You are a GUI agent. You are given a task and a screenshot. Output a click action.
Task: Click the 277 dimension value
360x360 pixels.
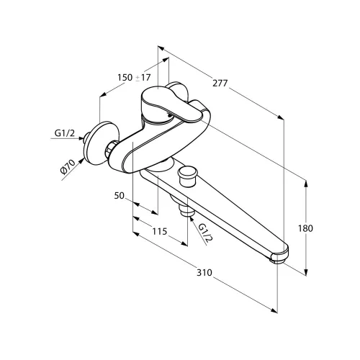(x=220, y=84)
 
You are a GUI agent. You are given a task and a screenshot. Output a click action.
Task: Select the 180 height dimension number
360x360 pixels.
(x=305, y=228)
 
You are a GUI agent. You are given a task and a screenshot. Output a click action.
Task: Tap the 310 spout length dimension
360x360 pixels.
(x=204, y=273)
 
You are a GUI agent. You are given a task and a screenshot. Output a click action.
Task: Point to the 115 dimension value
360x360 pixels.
(x=160, y=231)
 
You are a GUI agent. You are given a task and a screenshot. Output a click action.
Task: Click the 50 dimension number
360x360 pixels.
(x=120, y=196)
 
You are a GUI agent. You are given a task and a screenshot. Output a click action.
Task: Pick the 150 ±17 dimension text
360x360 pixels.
(x=134, y=78)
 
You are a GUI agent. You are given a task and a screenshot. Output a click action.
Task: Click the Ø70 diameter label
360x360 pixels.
(x=68, y=166)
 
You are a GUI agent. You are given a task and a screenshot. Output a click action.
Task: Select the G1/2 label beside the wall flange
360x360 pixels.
(x=65, y=132)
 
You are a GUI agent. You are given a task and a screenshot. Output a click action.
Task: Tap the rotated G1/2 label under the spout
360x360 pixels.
(x=206, y=233)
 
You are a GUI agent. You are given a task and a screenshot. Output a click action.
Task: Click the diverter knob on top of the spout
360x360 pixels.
(x=187, y=176)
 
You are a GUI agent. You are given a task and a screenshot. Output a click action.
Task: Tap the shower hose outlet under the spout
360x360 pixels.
(x=187, y=211)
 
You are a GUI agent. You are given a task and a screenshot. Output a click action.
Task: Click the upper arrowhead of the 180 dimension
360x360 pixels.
(x=306, y=184)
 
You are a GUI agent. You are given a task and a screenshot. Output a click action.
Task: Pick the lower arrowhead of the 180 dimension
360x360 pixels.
(x=306, y=272)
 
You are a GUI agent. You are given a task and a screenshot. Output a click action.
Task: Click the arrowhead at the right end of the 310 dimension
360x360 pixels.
(x=274, y=310)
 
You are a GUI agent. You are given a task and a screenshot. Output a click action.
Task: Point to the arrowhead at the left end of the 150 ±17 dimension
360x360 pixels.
(x=103, y=94)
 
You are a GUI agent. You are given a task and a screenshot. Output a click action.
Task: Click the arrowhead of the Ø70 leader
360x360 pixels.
(x=81, y=161)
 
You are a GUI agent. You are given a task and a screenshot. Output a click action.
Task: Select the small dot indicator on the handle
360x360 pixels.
(x=170, y=115)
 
